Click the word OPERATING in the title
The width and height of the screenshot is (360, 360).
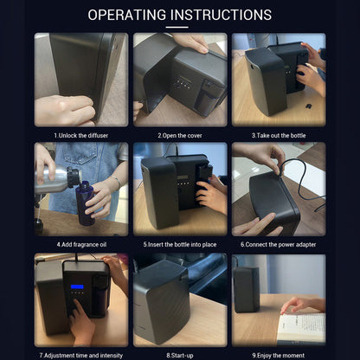pyautogui.click(x=127, y=15)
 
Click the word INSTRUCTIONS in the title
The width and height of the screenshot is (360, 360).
pyautogui.click(x=222, y=15)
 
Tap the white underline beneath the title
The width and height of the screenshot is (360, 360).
pyautogui.click(x=177, y=28)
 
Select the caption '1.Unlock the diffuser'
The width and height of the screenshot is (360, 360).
pyautogui.click(x=81, y=135)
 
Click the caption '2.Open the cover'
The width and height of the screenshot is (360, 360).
pyautogui.click(x=180, y=135)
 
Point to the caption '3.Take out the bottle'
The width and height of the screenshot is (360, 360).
pyautogui.click(x=279, y=135)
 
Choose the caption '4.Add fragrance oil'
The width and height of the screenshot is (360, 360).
pyautogui.click(x=81, y=245)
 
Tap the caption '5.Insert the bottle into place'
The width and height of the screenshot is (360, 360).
pyautogui.click(x=180, y=245)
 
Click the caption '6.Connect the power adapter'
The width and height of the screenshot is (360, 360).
pyautogui.click(x=279, y=245)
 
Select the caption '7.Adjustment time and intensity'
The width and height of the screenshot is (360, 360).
pyautogui.click(x=81, y=356)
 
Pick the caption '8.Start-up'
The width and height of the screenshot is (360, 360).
pyautogui.click(x=180, y=356)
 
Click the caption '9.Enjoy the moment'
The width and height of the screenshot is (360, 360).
pyautogui.click(x=279, y=356)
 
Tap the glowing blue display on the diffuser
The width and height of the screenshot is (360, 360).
pyautogui.click(x=77, y=286)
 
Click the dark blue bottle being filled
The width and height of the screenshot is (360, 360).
pyautogui.click(x=86, y=202)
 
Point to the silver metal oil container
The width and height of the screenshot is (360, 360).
pyautogui.click(x=57, y=178)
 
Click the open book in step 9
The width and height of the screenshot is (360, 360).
pyautogui.click(x=301, y=328)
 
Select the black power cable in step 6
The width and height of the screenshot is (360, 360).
pyautogui.click(x=301, y=184)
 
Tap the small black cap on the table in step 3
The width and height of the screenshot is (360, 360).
pyautogui.click(x=309, y=106)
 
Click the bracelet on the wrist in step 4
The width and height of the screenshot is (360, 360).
pyautogui.click(x=117, y=182)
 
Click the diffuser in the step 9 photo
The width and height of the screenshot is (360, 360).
pyautogui.click(x=247, y=289)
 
